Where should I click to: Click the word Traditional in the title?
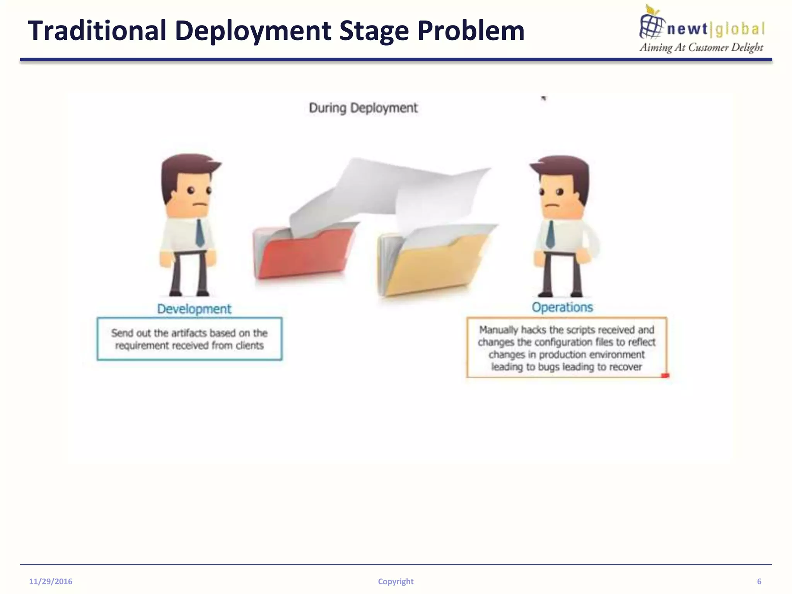pyautogui.click(x=97, y=31)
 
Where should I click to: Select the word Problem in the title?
pyautogui.click(x=471, y=31)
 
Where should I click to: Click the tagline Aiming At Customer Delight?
pyautogui.click(x=701, y=48)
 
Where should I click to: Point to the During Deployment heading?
pyautogui.click(x=363, y=108)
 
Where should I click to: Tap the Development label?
pyautogui.click(x=194, y=309)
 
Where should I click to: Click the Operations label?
pyautogui.click(x=562, y=307)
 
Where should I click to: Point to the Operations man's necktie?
pyautogui.click(x=550, y=234)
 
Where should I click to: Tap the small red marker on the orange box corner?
pyautogui.click(x=665, y=376)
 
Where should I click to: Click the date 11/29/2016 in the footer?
pyautogui.click(x=51, y=582)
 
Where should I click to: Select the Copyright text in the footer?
pyautogui.click(x=396, y=582)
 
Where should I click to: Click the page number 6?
pyautogui.click(x=759, y=582)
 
